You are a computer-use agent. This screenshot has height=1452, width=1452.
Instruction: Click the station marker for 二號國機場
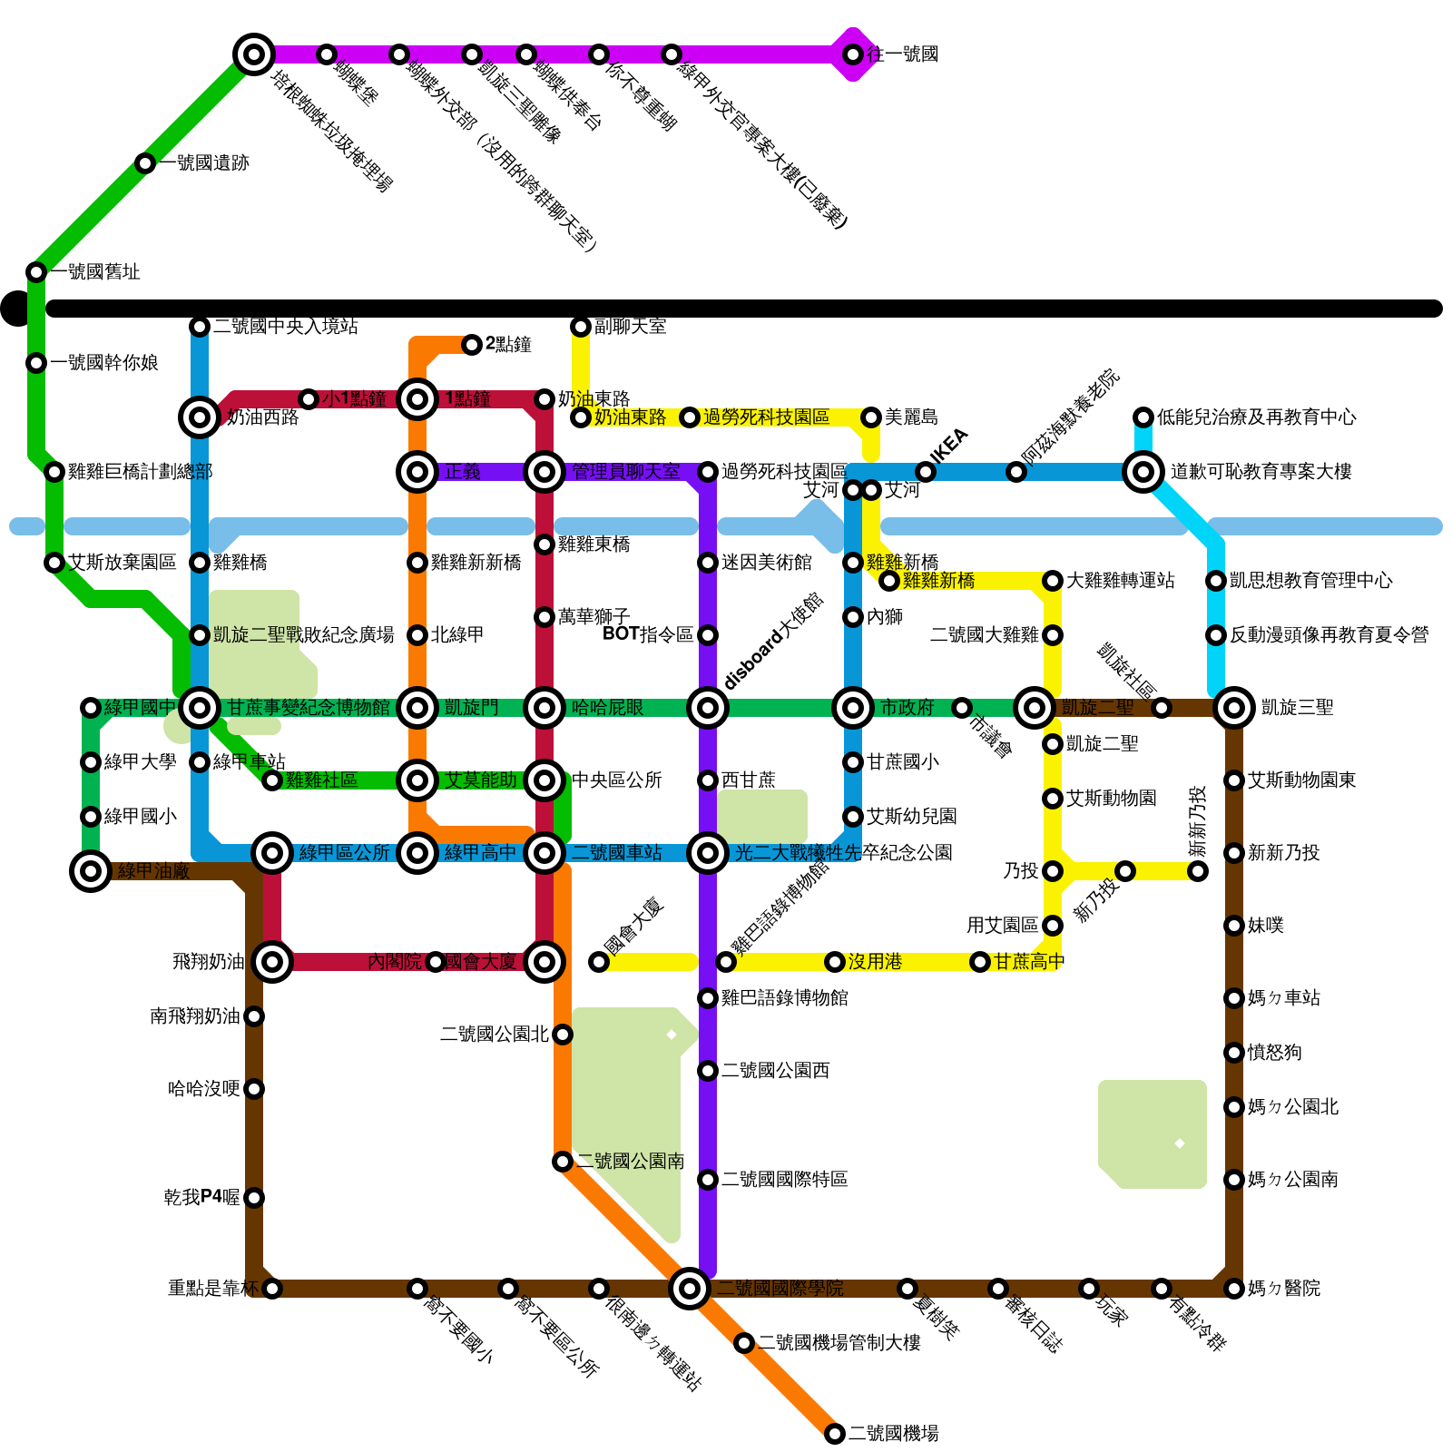click(x=835, y=1434)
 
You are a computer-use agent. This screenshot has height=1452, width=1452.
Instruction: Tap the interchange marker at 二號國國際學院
click(x=690, y=1288)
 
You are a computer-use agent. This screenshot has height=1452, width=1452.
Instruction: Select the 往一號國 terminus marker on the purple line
click(x=853, y=54)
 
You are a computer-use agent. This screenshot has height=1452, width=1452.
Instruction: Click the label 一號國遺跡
click(x=205, y=163)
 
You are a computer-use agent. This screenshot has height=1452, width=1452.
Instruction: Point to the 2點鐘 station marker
click(x=472, y=345)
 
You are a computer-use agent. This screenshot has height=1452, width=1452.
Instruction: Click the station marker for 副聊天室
click(x=581, y=327)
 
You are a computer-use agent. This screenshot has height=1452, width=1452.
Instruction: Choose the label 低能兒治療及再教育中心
click(x=1256, y=417)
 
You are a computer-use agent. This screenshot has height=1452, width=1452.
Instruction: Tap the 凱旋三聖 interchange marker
click(x=1234, y=707)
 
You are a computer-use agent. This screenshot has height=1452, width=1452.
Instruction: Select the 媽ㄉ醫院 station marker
click(x=1234, y=1289)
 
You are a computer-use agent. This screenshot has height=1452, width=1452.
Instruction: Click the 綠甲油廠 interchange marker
click(x=91, y=871)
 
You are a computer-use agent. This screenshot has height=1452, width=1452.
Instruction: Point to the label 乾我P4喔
click(x=202, y=1198)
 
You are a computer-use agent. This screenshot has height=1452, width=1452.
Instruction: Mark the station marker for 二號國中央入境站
click(x=200, y=327)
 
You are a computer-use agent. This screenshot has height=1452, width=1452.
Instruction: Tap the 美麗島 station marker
click(x=871, y=417)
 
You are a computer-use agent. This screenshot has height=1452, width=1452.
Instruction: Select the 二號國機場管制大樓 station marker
click(x=744, y=1343)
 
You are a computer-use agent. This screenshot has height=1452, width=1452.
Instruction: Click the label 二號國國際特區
click(x=785, y=1180)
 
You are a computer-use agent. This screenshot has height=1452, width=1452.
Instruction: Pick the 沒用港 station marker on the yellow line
click(x=835, y=962)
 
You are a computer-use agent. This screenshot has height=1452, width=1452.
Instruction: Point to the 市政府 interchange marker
click(x=853, y=707)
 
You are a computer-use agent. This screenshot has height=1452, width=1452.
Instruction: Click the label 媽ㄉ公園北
click(x=1292, y=1107)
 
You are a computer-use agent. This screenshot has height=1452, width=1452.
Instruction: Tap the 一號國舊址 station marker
click(x=36, y=272)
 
